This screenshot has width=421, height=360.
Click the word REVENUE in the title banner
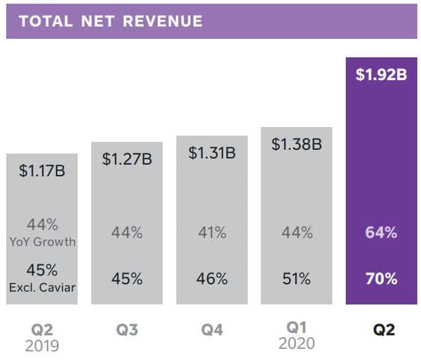pos(163,21)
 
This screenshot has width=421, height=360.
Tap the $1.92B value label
pos(381,75)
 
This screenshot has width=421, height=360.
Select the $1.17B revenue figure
pos(42,171)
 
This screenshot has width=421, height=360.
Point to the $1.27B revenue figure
pos(127,158)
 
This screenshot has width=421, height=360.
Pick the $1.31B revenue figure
pos(212,153)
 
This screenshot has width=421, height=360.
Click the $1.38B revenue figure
pos(296,145)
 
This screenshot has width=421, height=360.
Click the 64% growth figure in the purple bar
pos(381,233)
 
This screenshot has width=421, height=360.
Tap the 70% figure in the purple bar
pos(381,278)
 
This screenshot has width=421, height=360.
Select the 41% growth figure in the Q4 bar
pos(212,233)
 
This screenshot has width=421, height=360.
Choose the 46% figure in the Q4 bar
pos(212,278)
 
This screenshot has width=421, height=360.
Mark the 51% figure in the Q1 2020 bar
pos(296,278)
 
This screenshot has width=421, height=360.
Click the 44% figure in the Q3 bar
pos(127,233)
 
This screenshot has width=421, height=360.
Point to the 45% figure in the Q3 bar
pos(127,278)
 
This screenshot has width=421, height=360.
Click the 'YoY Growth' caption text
pos(42,242)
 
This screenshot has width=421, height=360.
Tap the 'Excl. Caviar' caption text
pos(42,287)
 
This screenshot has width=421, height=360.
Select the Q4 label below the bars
pos(212,330)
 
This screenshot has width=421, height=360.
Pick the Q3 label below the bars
pos(127,330)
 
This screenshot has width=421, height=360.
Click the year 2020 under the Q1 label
pos(296,343)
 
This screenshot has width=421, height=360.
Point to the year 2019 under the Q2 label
pos(42,345)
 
